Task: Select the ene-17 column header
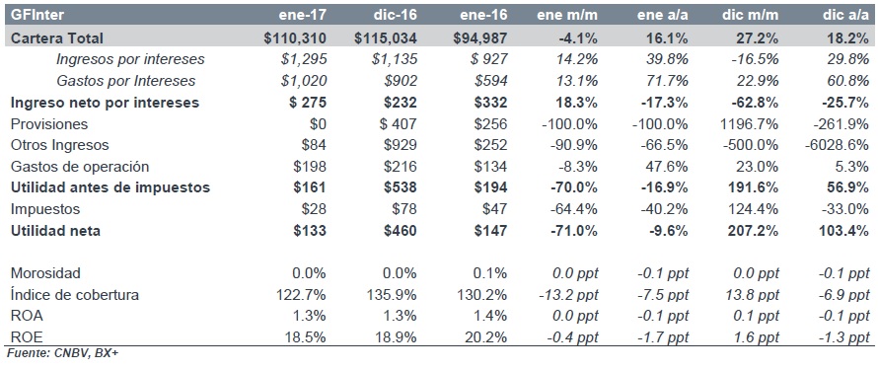303,15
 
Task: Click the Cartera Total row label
57,38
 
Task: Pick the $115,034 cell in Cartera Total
386,38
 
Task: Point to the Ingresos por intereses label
130,59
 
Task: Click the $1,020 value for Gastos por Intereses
304,81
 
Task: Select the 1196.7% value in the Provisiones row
750,123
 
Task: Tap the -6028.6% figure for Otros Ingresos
838,145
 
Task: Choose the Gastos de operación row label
80,167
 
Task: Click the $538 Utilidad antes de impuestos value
400,187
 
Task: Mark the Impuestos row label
45,209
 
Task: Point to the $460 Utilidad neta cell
400,230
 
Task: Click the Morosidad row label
46,273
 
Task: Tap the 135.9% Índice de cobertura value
395,294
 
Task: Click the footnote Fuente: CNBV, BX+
62,354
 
